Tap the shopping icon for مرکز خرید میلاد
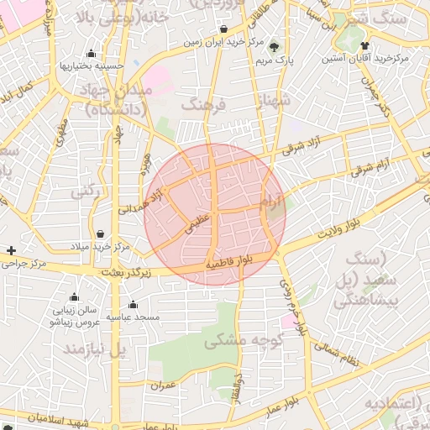(101, 234)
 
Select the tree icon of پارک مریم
(275, 47)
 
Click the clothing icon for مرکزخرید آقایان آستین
(364, 45)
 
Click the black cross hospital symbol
(11, 250)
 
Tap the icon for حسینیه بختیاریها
(91, 53)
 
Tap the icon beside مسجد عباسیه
(133, 304)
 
